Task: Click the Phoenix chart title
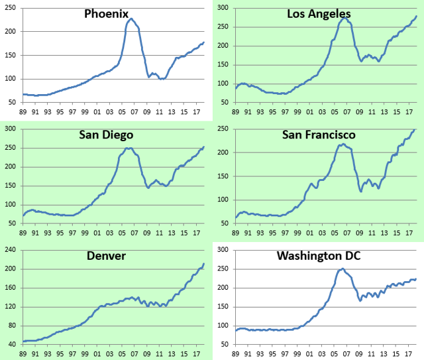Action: coord(106,14)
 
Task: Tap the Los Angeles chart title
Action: coord(319,14)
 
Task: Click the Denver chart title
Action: coord(107,255)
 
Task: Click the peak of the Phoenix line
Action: coord(131,19)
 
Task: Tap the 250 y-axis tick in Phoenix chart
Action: coord(11,8)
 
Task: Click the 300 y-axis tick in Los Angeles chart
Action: coord(223,8)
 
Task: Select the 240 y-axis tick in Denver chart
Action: coord(11,249)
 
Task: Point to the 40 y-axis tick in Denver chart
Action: coord(13,344)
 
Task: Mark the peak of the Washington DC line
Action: coord(343,269)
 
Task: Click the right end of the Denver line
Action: coord(204,264)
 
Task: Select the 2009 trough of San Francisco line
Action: coord(360,192)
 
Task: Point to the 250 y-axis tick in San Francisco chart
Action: coord(223,129)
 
